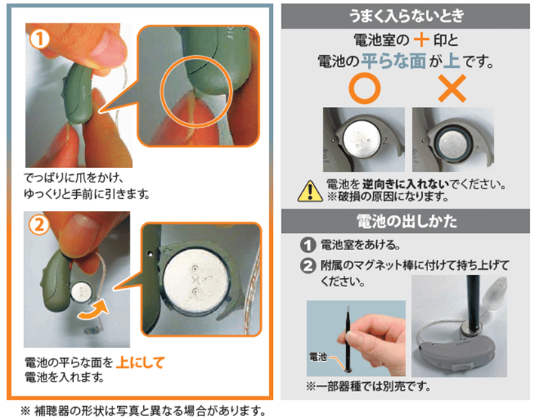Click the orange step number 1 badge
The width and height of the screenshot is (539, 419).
pos(39,39)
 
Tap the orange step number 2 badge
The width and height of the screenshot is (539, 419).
pos(39,226)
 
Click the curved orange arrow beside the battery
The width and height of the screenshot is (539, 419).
pos(93,310)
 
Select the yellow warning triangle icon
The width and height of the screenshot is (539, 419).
pos(310,191)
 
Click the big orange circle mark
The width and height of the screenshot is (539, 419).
pos(364,88)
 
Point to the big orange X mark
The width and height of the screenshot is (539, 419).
pos(452,88)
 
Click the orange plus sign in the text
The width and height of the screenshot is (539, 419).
pos(421,39)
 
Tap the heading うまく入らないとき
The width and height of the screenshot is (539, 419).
pos(406,16)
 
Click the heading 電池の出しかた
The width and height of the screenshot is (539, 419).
pos(406,221)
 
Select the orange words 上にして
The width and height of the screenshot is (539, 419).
pos(140,362)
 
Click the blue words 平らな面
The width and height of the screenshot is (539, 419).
pos(394,61)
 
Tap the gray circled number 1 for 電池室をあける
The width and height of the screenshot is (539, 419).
pos(308,245)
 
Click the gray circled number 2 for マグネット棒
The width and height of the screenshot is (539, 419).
pos(308,266)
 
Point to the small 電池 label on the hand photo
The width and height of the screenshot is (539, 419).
pos(318,357)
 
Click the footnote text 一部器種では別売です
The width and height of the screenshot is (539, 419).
pos(369,387)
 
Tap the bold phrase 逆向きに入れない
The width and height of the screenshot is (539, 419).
pos(406,184)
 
